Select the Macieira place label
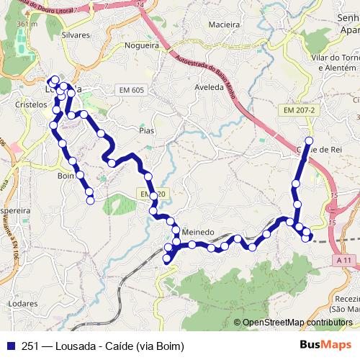pos(223,24)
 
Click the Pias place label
pos(147,131)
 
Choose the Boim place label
pos(66,175)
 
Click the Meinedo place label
pos(199,233)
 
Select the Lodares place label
pos(24,304)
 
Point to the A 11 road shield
pos(345,259)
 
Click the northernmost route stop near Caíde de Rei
pos(310,140)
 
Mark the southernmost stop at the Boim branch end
pos(91,201)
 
